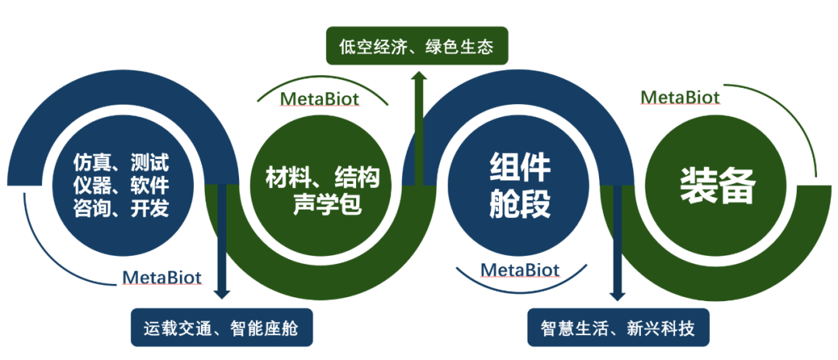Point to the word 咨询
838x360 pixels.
(x=88, y=209)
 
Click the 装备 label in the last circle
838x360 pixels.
(x=717, y=186)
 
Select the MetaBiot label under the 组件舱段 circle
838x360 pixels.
(x=521, y=269)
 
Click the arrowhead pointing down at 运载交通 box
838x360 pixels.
(x=223, y=293)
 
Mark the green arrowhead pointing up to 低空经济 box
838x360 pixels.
(x=419, y=75)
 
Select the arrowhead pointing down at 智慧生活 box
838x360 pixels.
(x=617, y=295)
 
